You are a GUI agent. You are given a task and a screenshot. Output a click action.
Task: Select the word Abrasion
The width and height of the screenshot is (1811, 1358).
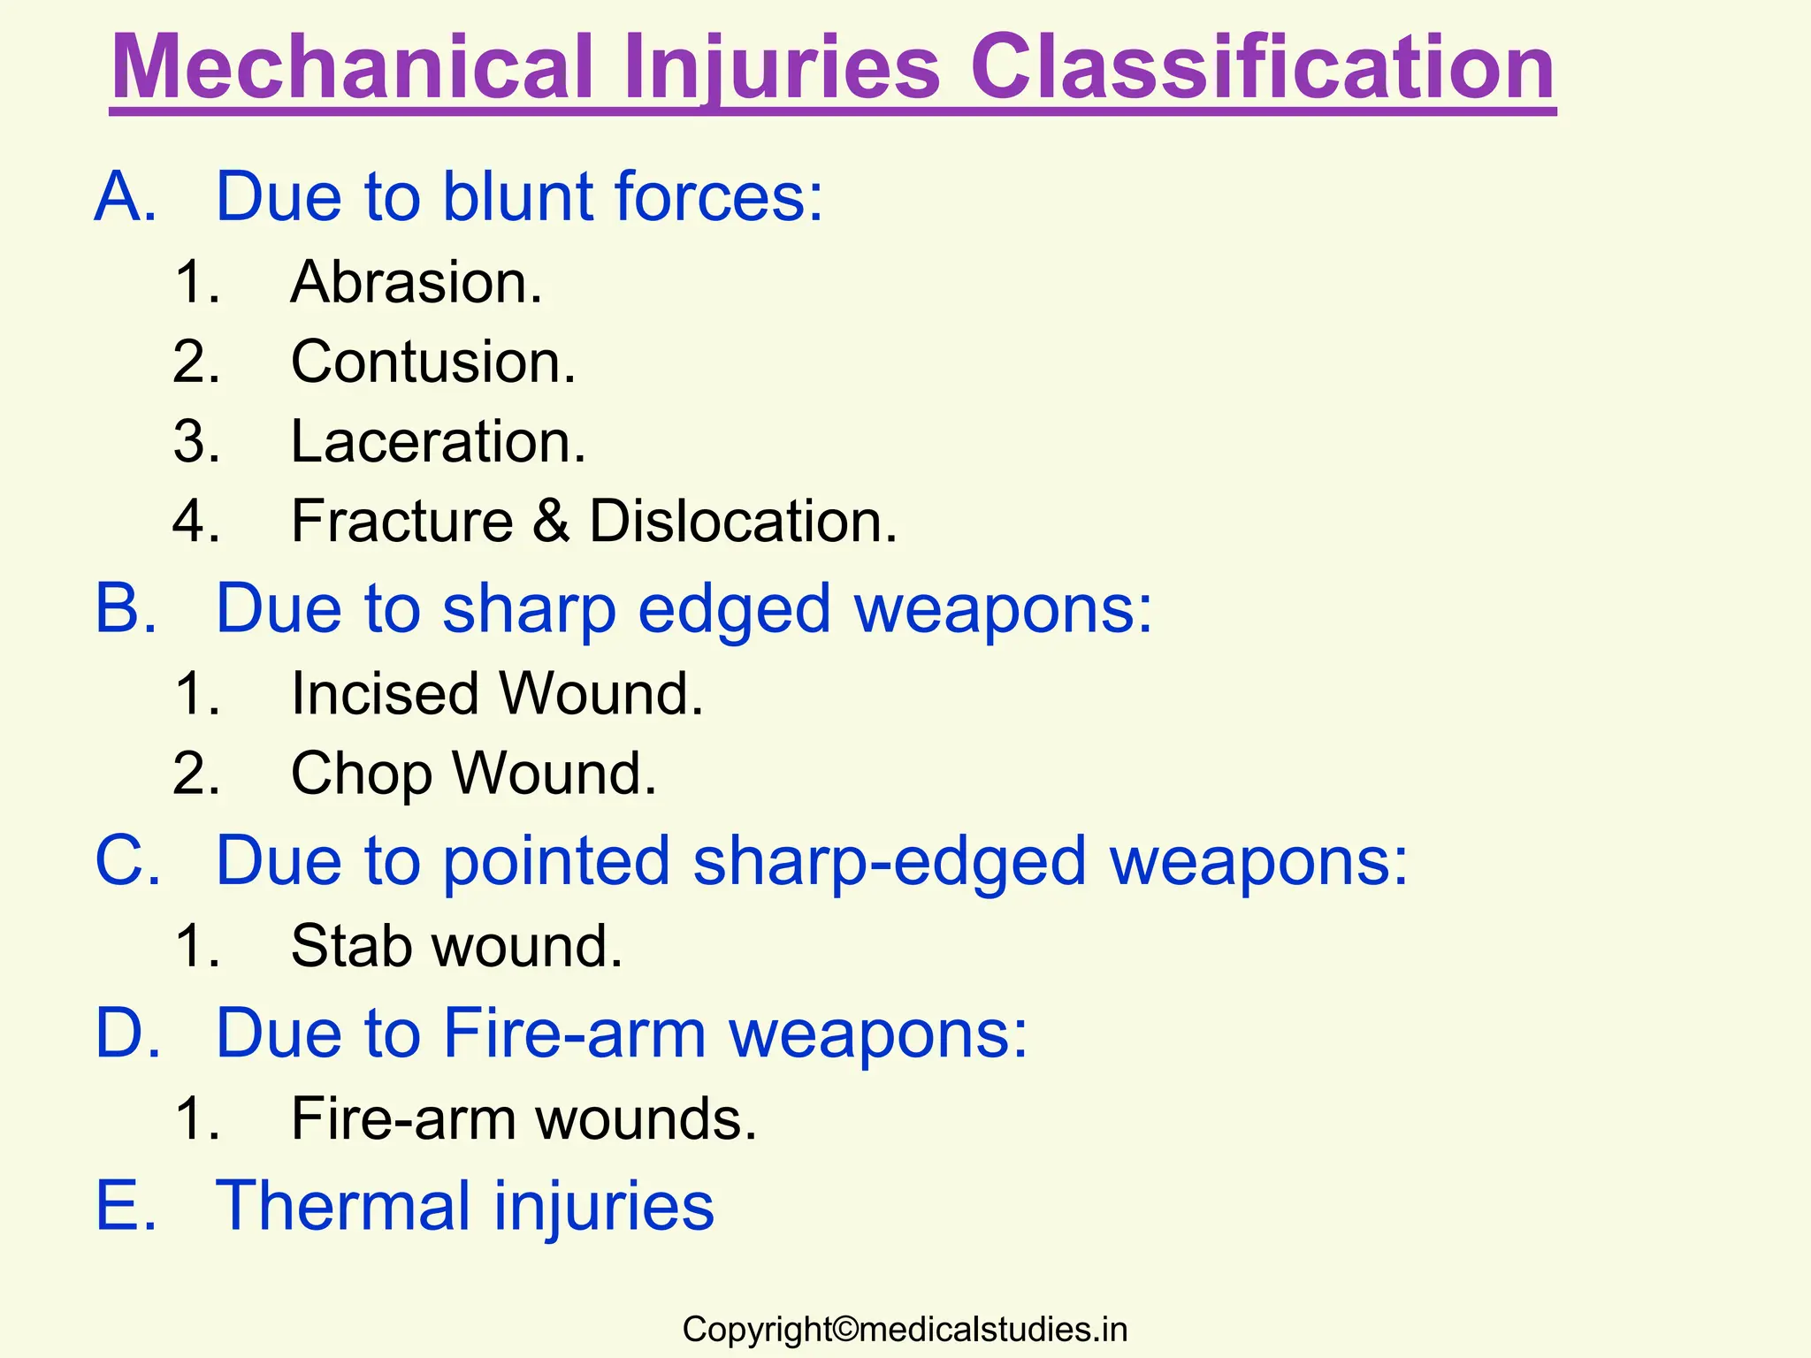point(416,282)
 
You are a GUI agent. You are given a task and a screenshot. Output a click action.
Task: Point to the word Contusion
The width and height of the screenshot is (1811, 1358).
point(433,362)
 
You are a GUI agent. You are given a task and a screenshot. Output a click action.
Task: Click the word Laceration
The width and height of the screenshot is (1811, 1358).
point(438,441)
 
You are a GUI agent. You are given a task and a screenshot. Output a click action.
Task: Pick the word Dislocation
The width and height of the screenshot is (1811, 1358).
point(743,521)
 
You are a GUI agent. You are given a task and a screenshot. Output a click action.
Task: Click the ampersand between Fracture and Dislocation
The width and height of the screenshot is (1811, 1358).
point(550,521)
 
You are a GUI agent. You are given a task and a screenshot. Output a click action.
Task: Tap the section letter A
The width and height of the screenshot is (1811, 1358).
point(125,196)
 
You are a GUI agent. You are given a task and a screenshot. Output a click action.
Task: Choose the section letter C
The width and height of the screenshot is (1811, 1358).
point(126,860)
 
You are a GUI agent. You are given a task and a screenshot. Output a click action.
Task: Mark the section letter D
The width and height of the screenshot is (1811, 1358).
point(126,1033)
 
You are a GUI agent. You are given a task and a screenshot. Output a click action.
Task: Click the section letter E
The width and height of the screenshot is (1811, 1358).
point(125,1205)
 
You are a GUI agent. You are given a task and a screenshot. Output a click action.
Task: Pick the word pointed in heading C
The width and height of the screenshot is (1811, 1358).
point(556,860)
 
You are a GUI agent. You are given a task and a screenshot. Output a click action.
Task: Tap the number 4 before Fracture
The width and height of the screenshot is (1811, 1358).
point(195,521)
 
